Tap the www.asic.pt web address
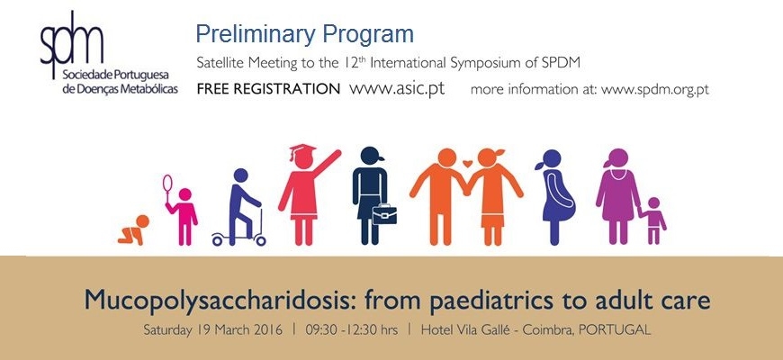click(x=397, y=89)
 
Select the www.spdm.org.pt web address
click(x=654, y=90)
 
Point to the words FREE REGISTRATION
click(x=268, y=89)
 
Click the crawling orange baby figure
click(x=133, y=229)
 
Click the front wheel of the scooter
click(x=260, y=240)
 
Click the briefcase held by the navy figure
click(x=384, y=213)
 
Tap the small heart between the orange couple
click(x=467, y=163)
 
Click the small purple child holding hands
click(x=653, y=220)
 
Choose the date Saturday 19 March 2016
click(x=212, y=330)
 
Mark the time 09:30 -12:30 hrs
click(x=352, y=330)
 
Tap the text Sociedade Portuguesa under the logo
click(x=115, y=76)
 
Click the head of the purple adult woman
click(x=618, y=157)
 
